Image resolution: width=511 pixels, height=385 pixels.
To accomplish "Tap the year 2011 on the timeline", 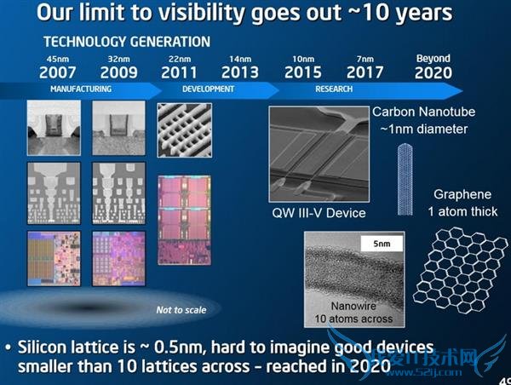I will coord(180,72).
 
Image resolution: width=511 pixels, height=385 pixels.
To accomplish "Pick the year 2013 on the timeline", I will coord(239,72).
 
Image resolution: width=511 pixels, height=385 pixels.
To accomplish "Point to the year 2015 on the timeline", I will coord(302,72).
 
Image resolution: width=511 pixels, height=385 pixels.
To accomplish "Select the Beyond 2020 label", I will coord(433,67).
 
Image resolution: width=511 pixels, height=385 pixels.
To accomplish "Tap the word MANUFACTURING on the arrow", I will coord(82,88).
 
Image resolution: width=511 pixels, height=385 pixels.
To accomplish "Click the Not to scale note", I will coord(180,309).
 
